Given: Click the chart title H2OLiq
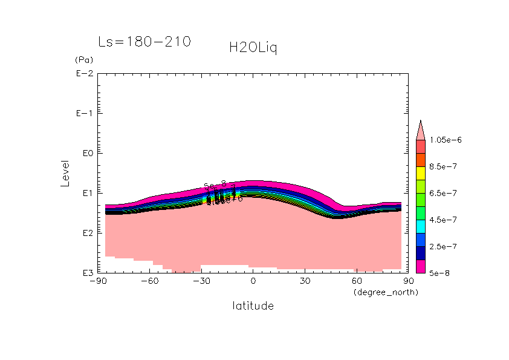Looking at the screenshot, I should (253, 48).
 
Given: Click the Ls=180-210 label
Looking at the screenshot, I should (144, 42).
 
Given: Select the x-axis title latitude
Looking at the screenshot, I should (253, 306).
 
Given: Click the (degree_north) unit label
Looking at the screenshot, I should (386, 292).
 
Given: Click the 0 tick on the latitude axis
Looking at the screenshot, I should (253, 281).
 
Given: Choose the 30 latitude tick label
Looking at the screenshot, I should (304, 281).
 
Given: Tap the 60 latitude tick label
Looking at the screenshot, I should (356, 281).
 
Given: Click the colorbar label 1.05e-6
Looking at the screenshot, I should (445, 140).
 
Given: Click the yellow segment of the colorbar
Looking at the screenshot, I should (421, 173).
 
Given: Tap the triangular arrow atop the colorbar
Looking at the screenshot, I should (421, 130).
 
